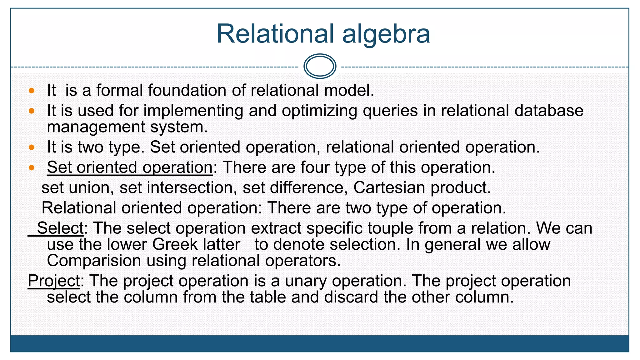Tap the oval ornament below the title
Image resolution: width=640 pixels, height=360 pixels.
320,66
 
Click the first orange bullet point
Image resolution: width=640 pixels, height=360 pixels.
31,91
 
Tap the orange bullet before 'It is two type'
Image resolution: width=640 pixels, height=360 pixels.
31,147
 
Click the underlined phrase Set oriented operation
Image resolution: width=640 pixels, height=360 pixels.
130,167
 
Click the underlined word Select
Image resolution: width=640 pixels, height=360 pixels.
60,228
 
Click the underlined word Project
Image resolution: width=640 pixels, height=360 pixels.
54,281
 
